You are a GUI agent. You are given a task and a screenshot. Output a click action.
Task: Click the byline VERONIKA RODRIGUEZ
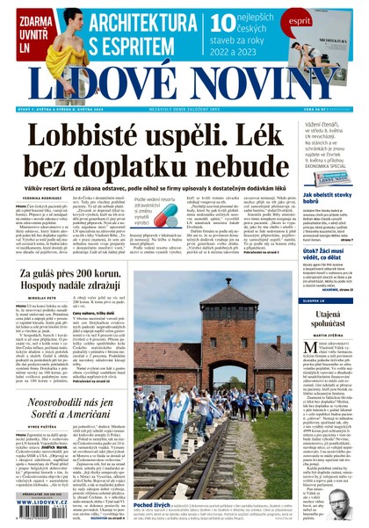(41, 199)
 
